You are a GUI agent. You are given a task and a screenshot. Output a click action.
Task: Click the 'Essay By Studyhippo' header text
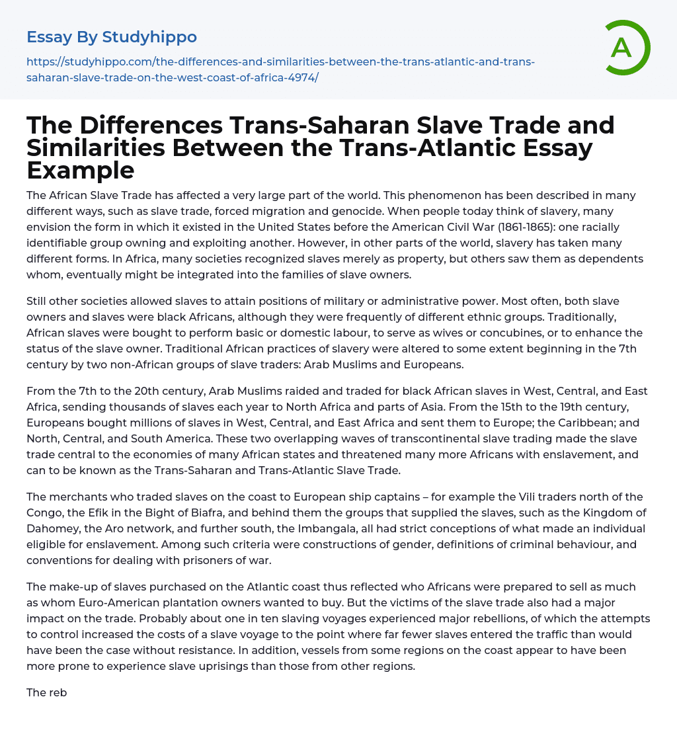[112, 37]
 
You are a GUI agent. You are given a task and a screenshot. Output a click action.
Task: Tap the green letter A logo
[622, 48]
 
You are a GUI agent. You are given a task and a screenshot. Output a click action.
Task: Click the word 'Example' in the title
[81, 171]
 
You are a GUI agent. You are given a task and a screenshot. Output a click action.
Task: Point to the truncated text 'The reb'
[47, 692]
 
